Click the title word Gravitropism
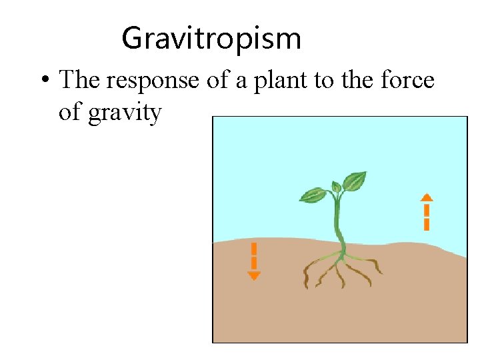click(211, 38)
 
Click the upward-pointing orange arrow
click(427, 212)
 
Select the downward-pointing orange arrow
click(254, 261)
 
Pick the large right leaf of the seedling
click(354, 181)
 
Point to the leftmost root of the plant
click(308, 273)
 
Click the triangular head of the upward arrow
click(427, 197)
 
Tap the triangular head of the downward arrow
click(254, 276)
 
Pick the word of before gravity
click(70, 113)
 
